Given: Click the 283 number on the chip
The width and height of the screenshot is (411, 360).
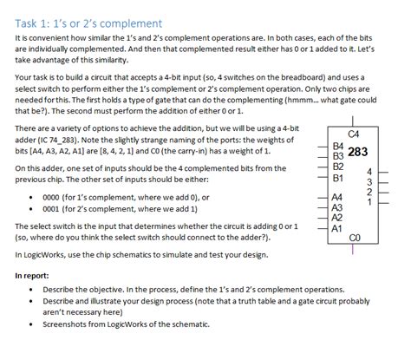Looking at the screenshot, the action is coord(359,149).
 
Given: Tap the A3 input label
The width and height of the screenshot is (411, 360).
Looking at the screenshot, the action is coord(338,208).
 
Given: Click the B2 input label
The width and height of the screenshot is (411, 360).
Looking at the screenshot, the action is coord(338,166).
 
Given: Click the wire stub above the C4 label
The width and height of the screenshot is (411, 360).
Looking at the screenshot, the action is coord(353,121).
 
